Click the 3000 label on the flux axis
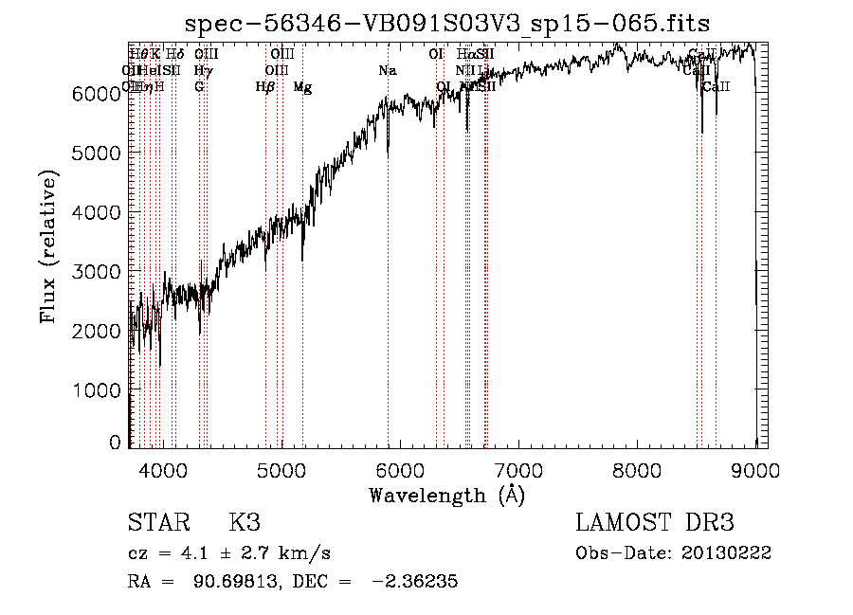point(98,272)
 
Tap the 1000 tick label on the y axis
point(98,390)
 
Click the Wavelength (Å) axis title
point(446,495)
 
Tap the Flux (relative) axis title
point(48,247)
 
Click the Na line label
point(387,71)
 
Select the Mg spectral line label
point(302,87)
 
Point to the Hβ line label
point(265,87)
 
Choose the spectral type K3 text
point(244,523)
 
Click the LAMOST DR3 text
point(654,523)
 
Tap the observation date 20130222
point(728,552)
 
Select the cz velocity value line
point(228,552)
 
